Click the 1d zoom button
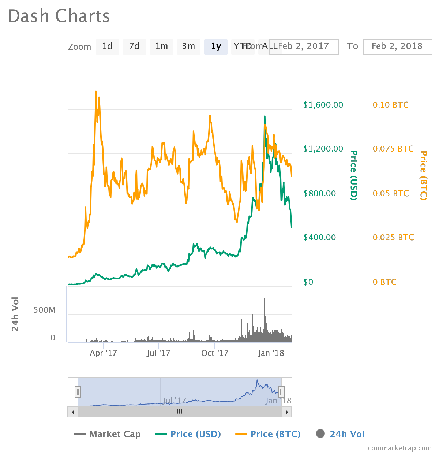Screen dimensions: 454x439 [107, 46]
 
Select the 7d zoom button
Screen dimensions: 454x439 [134, 46]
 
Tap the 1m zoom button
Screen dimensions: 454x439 [161, 46]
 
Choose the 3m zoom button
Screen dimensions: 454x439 [188, 46]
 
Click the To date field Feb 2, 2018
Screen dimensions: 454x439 [397, 46]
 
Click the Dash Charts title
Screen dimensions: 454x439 [59, 16]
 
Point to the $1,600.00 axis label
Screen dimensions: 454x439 [323, 105]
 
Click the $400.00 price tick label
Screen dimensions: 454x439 [319, 238]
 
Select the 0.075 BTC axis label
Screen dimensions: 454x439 [393, 149]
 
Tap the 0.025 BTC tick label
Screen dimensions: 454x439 [393, 238]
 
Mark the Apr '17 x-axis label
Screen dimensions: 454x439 [103, 353]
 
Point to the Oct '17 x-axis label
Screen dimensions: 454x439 [215, 353]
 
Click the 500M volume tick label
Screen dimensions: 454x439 [45, 310]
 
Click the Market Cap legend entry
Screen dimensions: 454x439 [107, 434]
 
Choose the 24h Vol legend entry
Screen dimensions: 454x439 [340, 434]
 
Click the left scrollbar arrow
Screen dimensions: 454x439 [73, 412]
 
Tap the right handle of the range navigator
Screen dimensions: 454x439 [281, 392]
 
